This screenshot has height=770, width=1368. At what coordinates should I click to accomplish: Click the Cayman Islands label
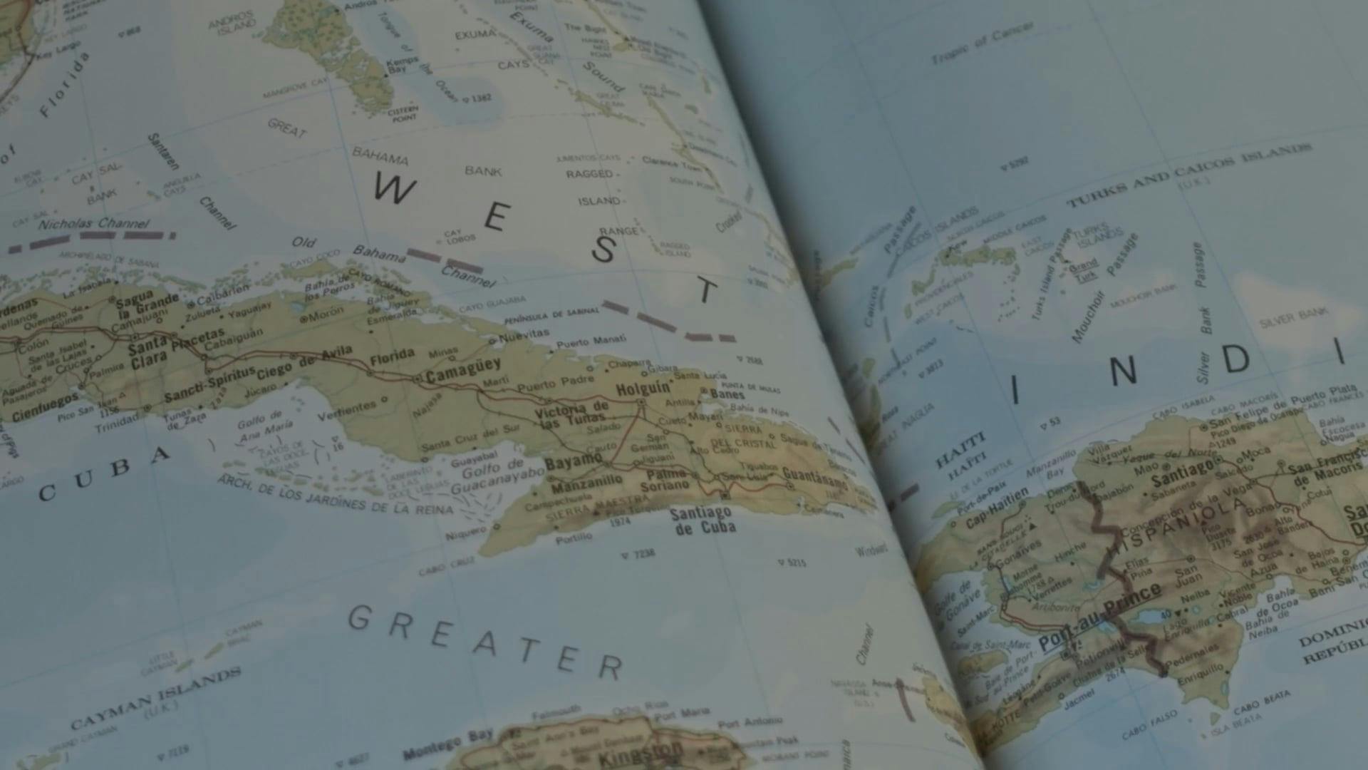point(155,698)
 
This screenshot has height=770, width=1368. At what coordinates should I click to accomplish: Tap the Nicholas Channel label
point(93,224)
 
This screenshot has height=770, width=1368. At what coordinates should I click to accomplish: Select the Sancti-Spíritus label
point(209,385)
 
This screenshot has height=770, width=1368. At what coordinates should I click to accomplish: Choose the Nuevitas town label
point(524,334)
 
